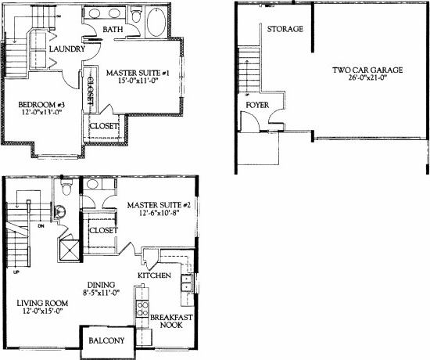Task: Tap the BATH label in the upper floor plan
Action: tap(114, 31)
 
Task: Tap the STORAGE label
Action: tap(285, 29)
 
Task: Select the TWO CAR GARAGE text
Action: tap(367, 70)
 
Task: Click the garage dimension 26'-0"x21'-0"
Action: tap(367, 79)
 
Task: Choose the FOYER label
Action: tap(258, 105)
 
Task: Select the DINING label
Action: tap(102, 284)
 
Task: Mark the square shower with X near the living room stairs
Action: tap(68, 250)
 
